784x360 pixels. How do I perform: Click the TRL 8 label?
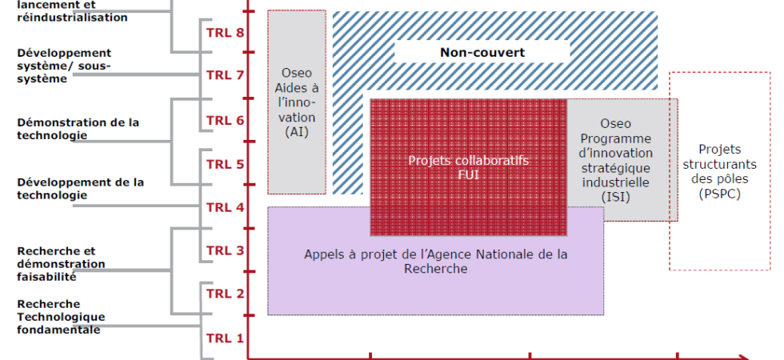click(225, 33)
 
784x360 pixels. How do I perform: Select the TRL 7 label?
click(225, 75)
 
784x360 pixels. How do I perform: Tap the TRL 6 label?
click(225, 121)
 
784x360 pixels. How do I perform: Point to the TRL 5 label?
click(225, 164)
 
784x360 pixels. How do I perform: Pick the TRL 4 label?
click(225, 207)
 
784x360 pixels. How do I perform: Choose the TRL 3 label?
click(225, 250)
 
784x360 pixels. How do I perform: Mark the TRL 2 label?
click(225, 294)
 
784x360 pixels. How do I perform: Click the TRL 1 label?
click(225, 338)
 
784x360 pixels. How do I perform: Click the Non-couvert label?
click(482, 53)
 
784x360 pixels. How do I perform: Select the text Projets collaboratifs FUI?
click(469, 167)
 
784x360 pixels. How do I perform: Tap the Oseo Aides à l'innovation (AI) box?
click(297, 102)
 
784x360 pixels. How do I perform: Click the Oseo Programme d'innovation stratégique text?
click(616, 153)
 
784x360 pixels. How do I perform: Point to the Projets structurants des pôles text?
click(719, 164)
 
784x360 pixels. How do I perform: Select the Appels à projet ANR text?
click(435, 261)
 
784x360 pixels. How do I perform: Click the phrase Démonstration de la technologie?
click(78, 129)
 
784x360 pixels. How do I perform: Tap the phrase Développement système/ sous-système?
click(65, 66)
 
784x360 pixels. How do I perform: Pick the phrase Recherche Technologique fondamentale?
click(61, 317)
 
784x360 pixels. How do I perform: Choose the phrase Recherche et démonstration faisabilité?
click(61, 264)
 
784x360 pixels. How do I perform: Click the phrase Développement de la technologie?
click(81, 189)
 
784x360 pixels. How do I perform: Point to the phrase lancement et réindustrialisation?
click(73, 11)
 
